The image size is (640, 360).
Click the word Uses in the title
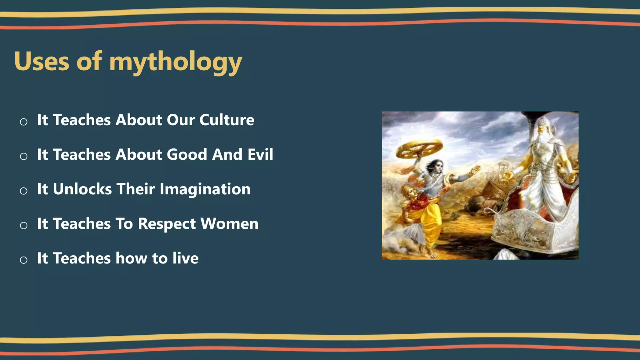point(42,62)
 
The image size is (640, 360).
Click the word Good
point(187,154)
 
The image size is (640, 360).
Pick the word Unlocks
point(82,189)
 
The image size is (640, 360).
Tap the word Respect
point(167,224)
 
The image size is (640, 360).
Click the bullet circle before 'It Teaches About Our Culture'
point(23,122)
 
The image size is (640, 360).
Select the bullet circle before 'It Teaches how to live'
point(23,260)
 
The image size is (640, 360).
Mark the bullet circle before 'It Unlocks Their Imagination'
point(23,191)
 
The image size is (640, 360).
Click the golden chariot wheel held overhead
point(419,148)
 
